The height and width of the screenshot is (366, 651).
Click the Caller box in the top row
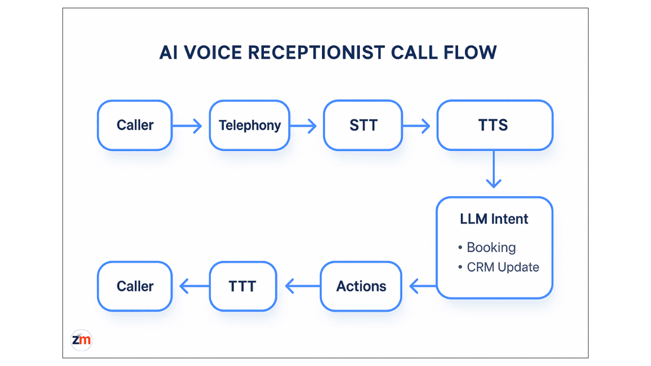[x=134, y=125]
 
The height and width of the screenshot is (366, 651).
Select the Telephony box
[x=249, y=125]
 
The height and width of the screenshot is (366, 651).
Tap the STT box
[x=363, y=125]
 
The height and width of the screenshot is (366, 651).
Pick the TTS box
[x=494, y=125]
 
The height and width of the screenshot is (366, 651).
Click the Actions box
[x=361, y=286]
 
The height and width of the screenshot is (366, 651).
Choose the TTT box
[x=242, y=286]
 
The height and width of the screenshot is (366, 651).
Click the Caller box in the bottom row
[x=134, y=286]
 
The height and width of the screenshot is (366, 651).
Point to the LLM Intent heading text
[x=494, y=219]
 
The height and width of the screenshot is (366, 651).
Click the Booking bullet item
[x=491, y=247]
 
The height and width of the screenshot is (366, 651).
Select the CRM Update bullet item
[x=503, y=267]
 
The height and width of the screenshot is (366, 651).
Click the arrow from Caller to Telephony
[x=188, y=125]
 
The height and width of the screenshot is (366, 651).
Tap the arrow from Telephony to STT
[x=303, y=125]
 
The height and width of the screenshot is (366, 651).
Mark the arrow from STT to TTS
[x=417, y=125]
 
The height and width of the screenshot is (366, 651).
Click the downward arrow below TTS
[x=493, y=169]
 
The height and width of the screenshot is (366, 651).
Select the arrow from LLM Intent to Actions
[x=423, y=286]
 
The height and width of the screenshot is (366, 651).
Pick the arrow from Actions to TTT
[x=302, y=286]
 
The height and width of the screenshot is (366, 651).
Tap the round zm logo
[x=81, y=340]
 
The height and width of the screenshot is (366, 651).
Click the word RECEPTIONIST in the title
[x=313, y=52]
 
